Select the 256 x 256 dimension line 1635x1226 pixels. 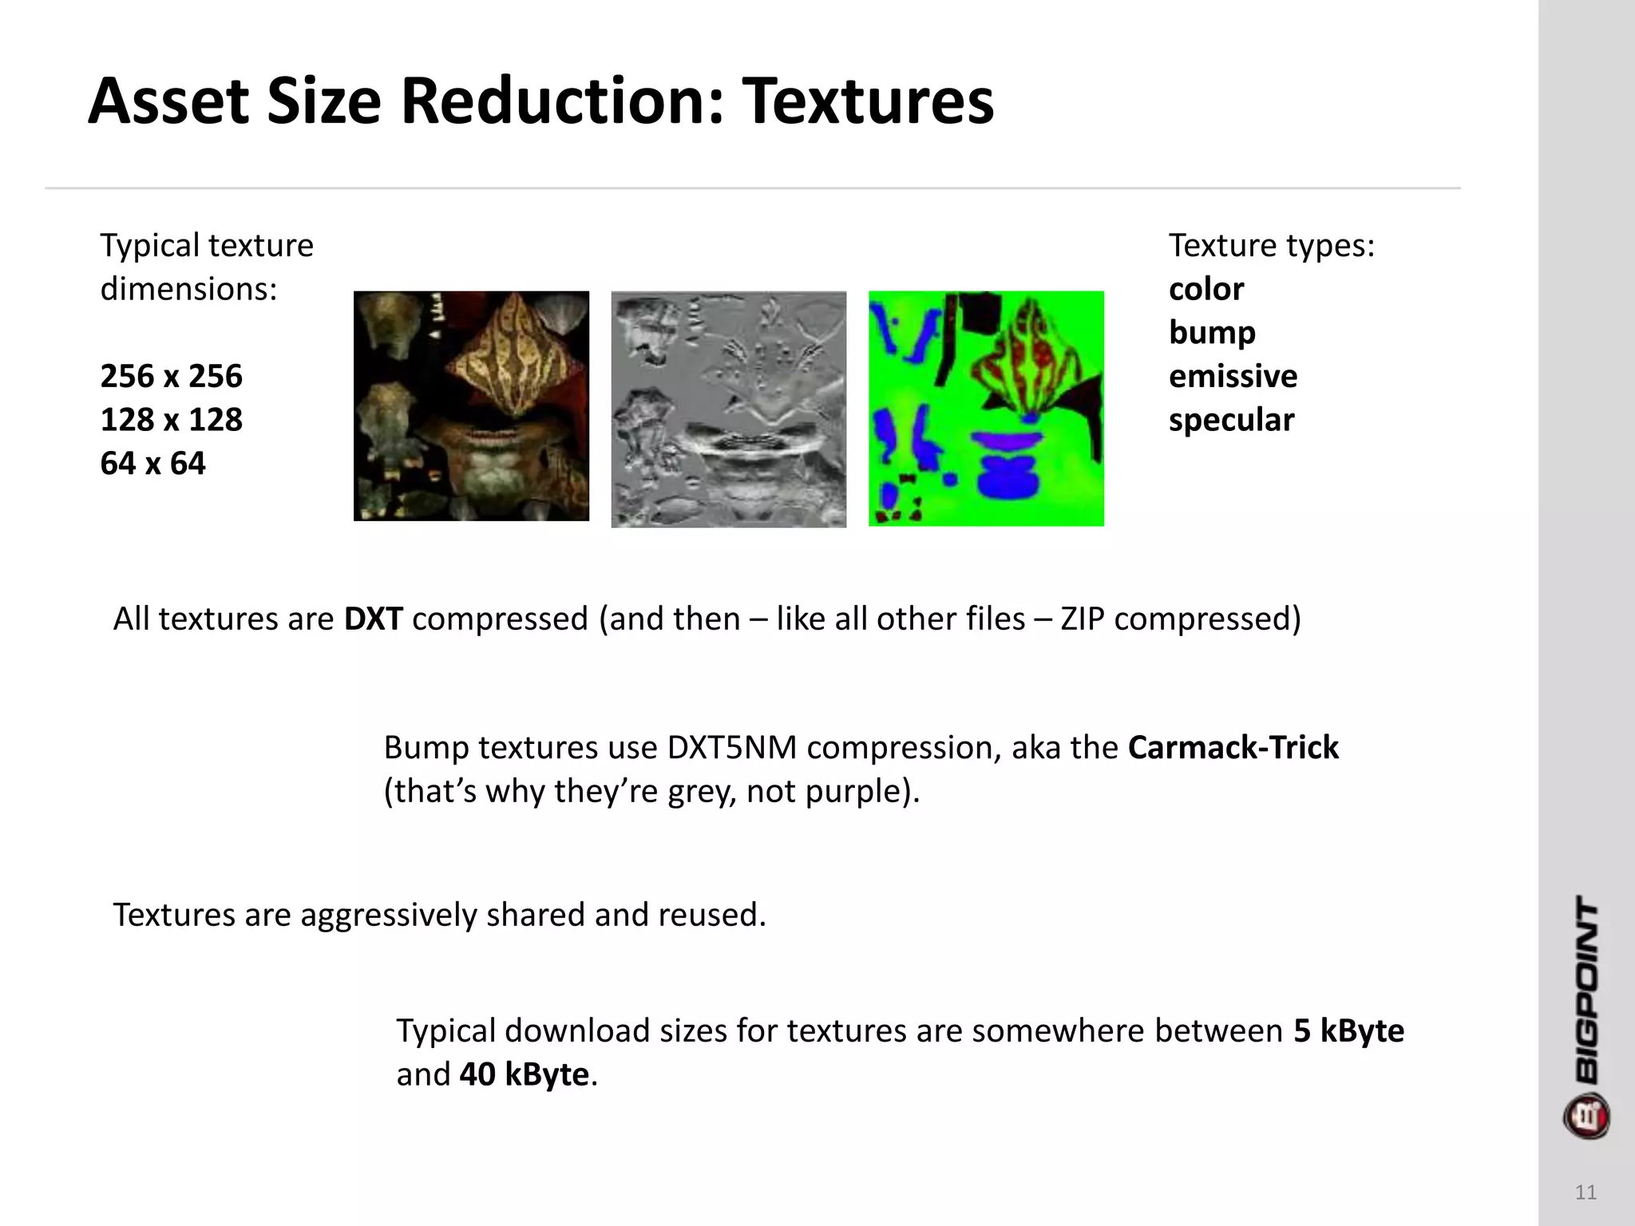[171, 376]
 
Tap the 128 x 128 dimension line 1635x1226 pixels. [171, 420]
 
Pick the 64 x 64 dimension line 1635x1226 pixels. [152, 464]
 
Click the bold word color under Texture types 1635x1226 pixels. [1205, 289]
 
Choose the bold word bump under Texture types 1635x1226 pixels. [1212, 333]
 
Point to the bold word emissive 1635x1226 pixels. [1233, 376]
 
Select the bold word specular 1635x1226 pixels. [1231, 420]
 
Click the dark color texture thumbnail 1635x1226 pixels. [471, 406]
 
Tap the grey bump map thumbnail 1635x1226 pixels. [728, 409]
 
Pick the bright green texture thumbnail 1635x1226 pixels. [986, 408]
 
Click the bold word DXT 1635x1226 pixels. [373, 619]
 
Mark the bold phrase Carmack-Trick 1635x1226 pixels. [1233, 748]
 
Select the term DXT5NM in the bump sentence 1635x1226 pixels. [731, 748]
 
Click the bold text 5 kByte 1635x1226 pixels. [1348, 1031]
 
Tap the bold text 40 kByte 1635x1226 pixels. [524, 1075]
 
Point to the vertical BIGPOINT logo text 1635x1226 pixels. [1586, 990]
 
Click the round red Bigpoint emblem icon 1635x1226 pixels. [1586, 1116]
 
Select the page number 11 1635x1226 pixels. [1586, 1192]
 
